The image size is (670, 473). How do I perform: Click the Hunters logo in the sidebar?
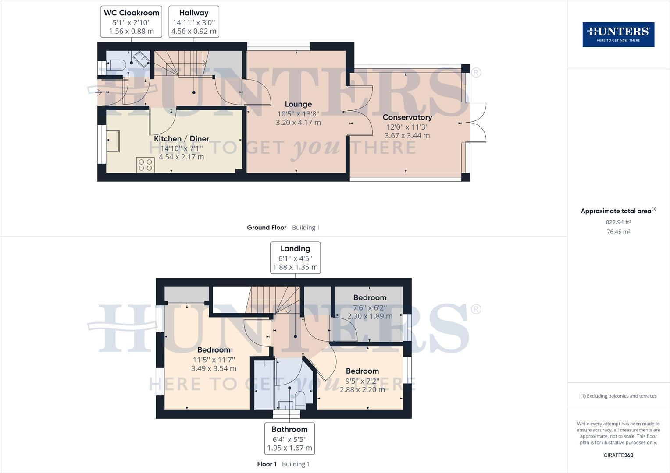point(618,35)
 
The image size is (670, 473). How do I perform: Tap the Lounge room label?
point(298,104)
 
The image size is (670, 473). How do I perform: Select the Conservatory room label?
point(407,117)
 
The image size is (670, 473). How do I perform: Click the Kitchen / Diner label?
point(182,139)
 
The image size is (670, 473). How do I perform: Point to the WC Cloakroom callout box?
point(132,22)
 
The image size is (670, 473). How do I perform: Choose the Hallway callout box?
point(194,22)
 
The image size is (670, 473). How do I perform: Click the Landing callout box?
point(295,258)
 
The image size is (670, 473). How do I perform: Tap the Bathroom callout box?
point(289,438)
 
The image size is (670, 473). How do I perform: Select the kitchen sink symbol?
point(113,141)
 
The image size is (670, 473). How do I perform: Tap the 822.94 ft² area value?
point(618,222)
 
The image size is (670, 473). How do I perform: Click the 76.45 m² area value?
point(618,232)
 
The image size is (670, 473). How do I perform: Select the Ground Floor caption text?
point(267,228)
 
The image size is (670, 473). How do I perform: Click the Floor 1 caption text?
point(267,464)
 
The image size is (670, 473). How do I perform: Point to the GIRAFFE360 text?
point(618,455)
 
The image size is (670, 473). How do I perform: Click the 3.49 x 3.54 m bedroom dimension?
point(214,369)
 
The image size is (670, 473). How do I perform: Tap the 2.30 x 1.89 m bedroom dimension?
point(370,316)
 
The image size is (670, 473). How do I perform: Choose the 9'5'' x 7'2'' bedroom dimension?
point(362,380)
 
